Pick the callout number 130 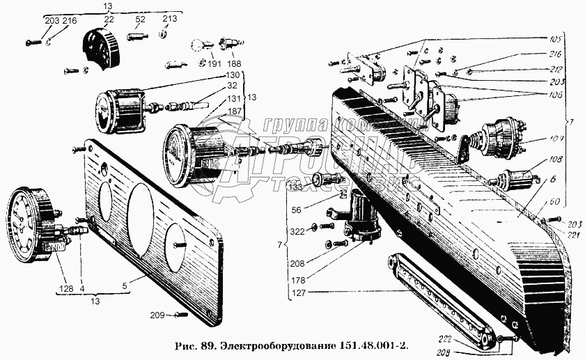[x=233, y=75]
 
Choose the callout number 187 [x=233, y=111]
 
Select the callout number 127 [x=297, y=293]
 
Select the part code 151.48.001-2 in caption [x=373, y=345]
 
